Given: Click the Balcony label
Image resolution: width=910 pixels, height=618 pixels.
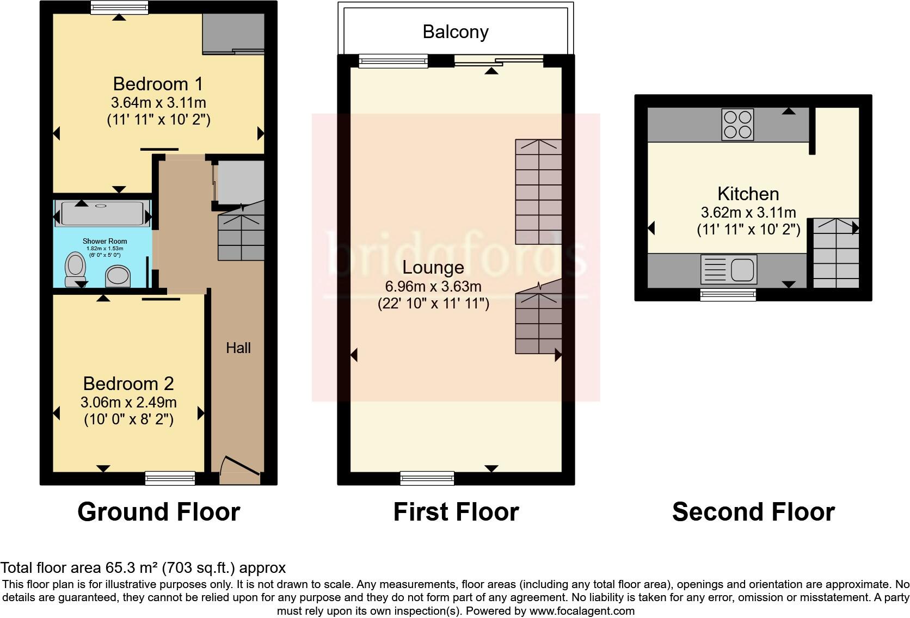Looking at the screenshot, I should (x=455, y=32).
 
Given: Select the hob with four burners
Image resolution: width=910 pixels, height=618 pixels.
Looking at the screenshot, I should (x=737, y=125).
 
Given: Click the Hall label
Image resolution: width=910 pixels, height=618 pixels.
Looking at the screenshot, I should (x=238, y=348).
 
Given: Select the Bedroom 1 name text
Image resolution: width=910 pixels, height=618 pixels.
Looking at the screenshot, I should (x=158, y=84).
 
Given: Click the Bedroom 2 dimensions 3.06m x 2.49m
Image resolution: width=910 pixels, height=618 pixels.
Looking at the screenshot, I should (x=128, y=403).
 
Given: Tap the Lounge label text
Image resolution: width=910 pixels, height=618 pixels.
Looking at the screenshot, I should (x=433, y=267).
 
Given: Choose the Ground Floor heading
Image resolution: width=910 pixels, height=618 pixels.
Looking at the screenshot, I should (x=158, y=512).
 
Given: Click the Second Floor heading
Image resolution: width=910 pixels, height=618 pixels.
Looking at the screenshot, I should (x=753, y=512).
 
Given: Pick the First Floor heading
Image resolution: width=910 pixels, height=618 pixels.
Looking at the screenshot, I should (x=456, y=512).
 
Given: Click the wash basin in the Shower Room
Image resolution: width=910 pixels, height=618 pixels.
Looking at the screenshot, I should (x=118, y=275).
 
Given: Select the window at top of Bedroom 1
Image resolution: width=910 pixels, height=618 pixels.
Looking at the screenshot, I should (x=119, y=7).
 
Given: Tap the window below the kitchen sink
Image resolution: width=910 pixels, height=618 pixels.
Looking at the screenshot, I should (x=728, y=295).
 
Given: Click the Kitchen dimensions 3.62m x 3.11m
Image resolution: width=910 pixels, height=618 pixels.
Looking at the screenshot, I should (x=748, y=212).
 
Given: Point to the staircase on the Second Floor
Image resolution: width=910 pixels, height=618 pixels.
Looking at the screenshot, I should (x=835, y=253).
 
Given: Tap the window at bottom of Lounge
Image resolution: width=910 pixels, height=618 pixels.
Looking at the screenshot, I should (x=427, y=478).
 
